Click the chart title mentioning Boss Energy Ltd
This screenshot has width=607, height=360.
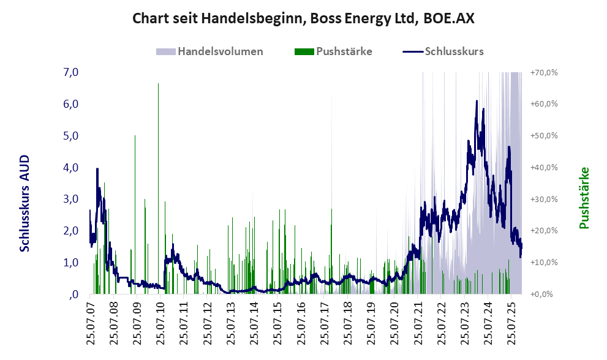pyautogui.click(x=303, y=18)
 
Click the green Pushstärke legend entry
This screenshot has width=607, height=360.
pyautogui.click(x=333, y=51)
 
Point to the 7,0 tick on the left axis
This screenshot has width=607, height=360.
pyautogui.click(x=71, y=72)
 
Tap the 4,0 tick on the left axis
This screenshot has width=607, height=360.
pyautogui.click(x=71, y=167)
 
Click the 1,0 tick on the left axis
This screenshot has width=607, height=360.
pyautogui.click(x=71, y=262)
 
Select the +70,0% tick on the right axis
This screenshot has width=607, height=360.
pyautogui.click(x=544, y=72)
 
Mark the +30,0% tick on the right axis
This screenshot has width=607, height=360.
pyautogui.click(x=544, y=199)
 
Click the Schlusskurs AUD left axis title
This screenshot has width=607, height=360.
pyautogui.click(x=25, y=203)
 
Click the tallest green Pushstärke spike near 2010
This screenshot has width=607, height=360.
pyautogui.click(x=159, y=86)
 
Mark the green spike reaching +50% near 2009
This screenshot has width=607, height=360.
pyautogui.click(x=135, y=138)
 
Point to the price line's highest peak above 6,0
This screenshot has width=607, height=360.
pyautogui.click(x=477, y=102)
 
